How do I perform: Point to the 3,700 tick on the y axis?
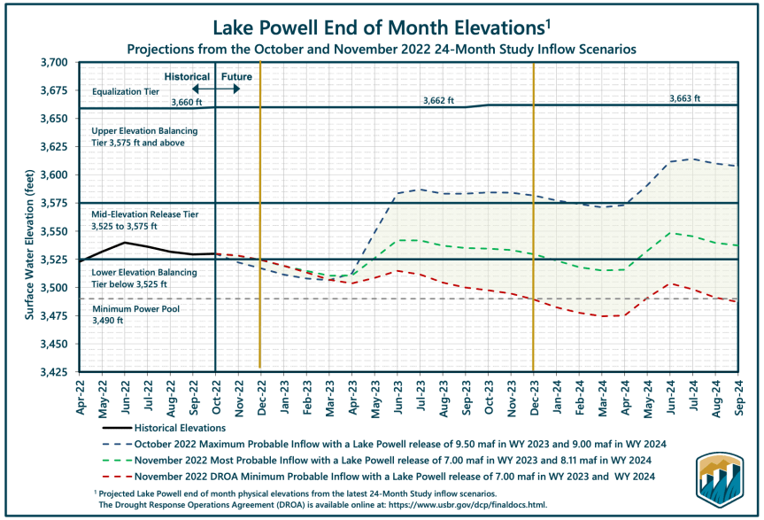pos(54,63)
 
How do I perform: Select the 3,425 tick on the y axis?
pos(54,370)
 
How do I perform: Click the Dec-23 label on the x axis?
pos(533,392)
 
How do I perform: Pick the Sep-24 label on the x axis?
pos(737,392)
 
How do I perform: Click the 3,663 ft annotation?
pos(683,97)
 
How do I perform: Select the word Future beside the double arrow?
pos(236,77)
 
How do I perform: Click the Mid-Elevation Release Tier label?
pos(140,214)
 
